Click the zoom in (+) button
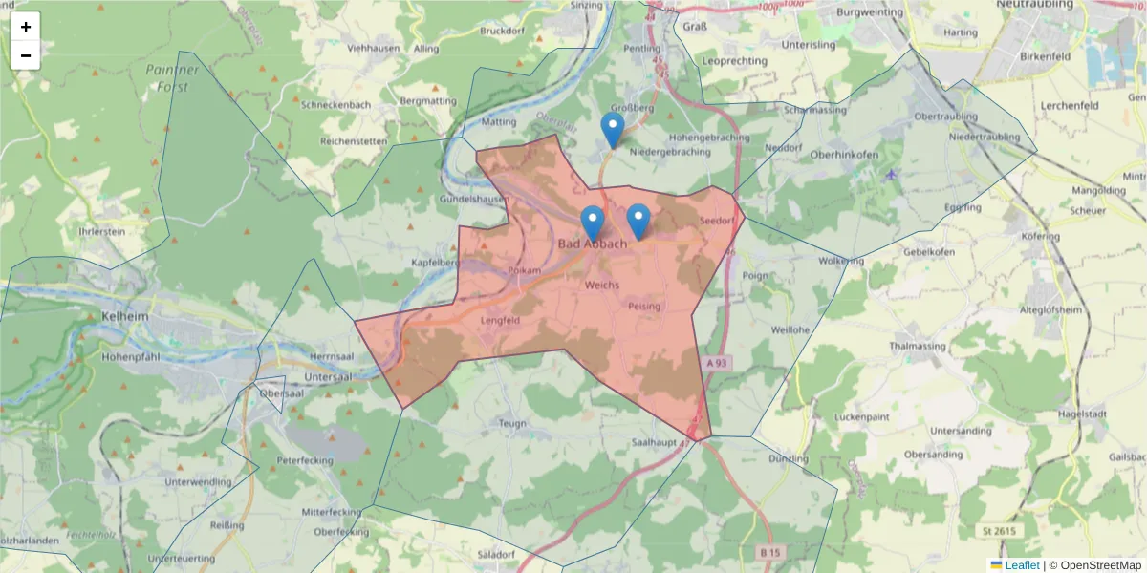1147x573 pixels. [26, 27]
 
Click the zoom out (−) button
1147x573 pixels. [26, 55]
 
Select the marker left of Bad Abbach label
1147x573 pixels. [593, 223]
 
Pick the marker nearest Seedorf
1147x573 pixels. [638, 222]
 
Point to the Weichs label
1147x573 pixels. [602, 286]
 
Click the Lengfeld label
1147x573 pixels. [500, 321]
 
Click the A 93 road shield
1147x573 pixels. [718, 364]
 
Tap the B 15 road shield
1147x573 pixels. [770, 552]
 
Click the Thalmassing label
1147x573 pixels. [918, 346]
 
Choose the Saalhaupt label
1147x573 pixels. [655, 442]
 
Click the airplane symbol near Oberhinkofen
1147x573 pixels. [892, 174]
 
